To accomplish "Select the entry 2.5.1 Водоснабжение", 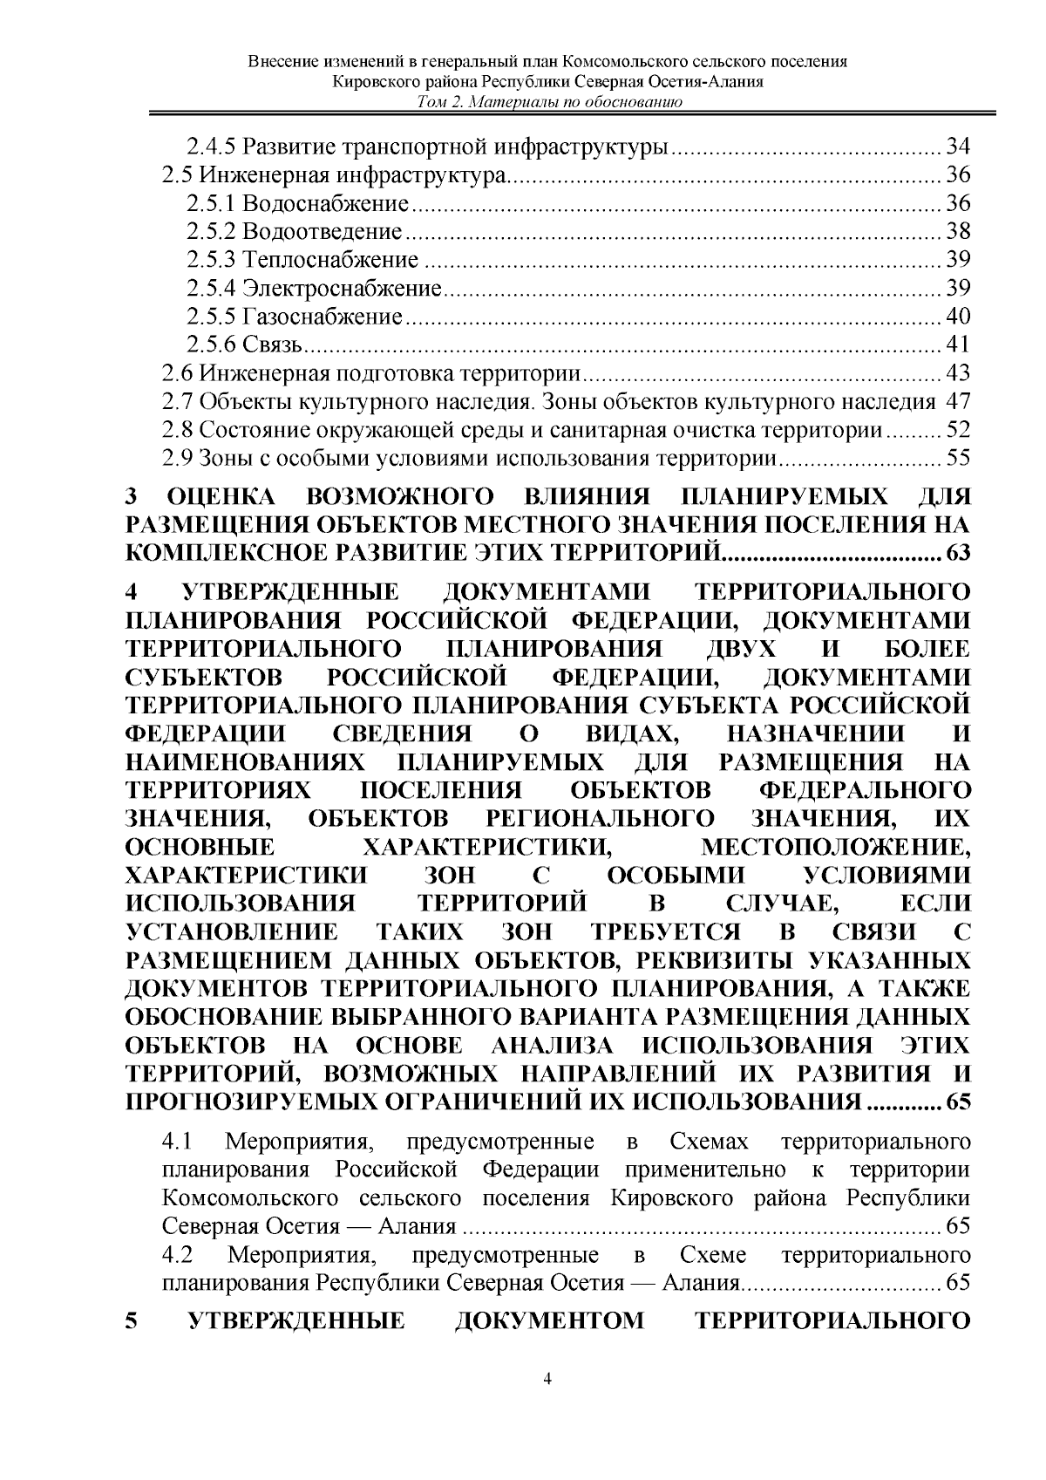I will (297, 204).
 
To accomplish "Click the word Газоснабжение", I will (323, 316).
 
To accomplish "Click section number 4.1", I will (177, 1142).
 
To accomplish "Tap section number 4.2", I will (177, 1256).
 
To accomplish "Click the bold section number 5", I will (132, 1321).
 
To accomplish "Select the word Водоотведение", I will (322, 232).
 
